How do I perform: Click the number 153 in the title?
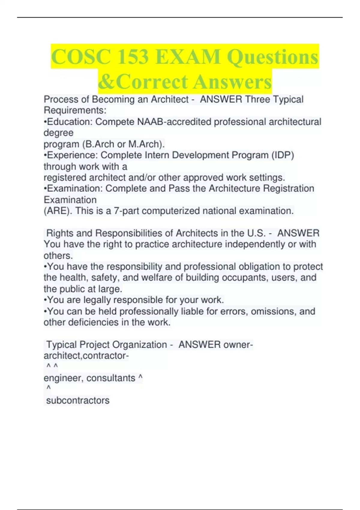(x=133, y=57)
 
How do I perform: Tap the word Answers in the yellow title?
(x=232, y=82)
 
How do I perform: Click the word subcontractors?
(x=78, y=400)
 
